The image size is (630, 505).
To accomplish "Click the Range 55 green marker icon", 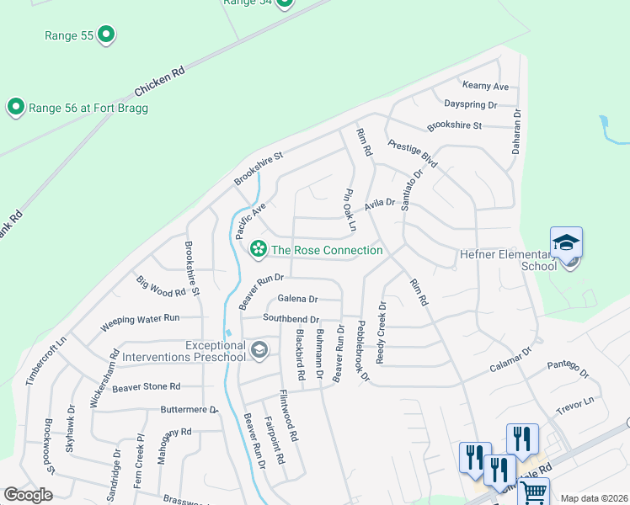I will pyautogui.click(x=106, y=35).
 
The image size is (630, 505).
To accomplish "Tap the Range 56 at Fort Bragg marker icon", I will pyautogui.click(x=15, y=107).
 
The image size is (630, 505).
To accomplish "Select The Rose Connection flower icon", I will pyautogui.click(x=258, y=249).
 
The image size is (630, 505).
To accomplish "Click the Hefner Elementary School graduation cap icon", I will pyautogui.click(x=567, y=243).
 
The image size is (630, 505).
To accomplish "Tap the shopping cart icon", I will pyautogui.click(x=533, y=493).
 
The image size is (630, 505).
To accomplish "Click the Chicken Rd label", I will pyautogui.click(x=158, y=83).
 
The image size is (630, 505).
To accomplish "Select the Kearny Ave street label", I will pyautogui.click(x=486, y=87).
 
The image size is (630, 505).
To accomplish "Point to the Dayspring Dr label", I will pyautogui.click(x=470, y=105).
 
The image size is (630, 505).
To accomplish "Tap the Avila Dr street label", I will pyautogui.click(x=380, y=204).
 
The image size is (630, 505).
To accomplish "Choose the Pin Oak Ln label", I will pyautogui.click(x=350, y=210).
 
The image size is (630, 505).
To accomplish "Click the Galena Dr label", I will pyautogui.click(x=297, y=299).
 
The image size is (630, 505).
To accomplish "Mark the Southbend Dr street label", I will pyautogui.click(x=291, y=319).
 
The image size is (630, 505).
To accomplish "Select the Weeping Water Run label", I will pyautogui.click(x=141, y=320).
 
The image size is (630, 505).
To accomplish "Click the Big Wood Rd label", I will pyautogui.click(x=160, y=286).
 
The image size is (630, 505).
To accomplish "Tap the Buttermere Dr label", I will pyautogui.click(x=189, y=410).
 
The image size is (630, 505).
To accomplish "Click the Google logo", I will pyautogui.click(x=29, y=494).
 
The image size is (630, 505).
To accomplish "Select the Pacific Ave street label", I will pyautogui.click(x=250, y=220).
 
